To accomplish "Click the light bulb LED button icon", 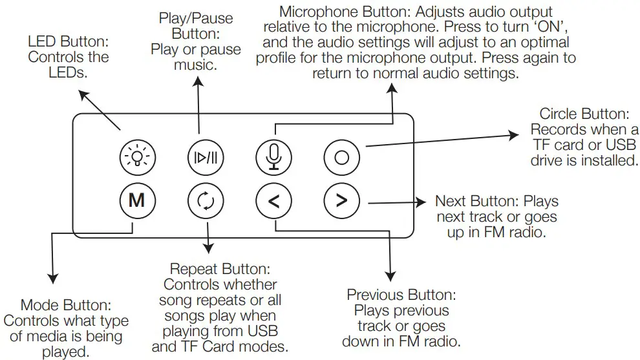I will (x=137, y=156).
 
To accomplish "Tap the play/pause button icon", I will (x=205, y=156).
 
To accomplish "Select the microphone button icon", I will (x=273, y=156).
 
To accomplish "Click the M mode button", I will (x=136, y=201).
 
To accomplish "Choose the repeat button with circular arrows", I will (x=205, y=201).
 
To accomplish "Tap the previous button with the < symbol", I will (x=273, y=201).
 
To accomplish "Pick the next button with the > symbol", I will (x=342, y=201).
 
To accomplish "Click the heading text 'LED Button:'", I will (x=69, y=42).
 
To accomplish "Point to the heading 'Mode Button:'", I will (x=66, y=305).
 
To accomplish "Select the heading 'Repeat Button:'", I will (x=220, y=269).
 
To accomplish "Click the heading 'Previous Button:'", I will (x=402, y=295).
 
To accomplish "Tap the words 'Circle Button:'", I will (x=584, y=114).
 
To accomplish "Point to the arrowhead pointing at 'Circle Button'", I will (x=515, y=136).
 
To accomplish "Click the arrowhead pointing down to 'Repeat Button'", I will (x=208, y=250).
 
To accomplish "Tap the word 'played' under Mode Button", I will (x=66, y=352).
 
